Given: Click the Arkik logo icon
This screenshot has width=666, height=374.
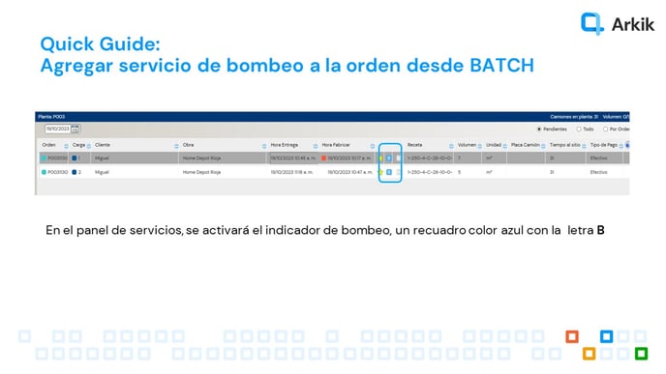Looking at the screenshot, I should pyautogui.click(x=591, y=23).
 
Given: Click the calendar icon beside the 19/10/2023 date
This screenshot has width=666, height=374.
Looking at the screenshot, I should pyautogui.click(x=76, y=129).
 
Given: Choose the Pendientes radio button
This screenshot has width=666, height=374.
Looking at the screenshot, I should pyautogui.click(x=539, y=129).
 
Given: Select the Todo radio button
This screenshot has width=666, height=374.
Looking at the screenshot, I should pyautogui.click(x=578, y=129).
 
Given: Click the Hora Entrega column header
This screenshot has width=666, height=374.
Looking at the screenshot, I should pyautogui.click(x=285, y=145).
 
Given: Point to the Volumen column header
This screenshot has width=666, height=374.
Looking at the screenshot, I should pyautogui.click(x=467, y=145).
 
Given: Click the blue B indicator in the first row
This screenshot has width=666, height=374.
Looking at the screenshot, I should pyautogui.click(x=389, y=158).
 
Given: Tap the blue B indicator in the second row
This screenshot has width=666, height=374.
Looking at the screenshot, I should pyautogui.click(x=389, y=172).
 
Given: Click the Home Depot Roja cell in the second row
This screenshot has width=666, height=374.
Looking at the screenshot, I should pyautogui.click(x=202, y=172).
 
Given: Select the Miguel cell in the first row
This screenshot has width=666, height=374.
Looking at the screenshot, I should pyautogui.click(x=102, y=158).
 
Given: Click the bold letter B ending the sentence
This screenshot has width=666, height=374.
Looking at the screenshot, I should pyautogui.click(x=600, y=231).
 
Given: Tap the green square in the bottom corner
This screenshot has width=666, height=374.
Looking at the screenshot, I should pyautogui.click(x=641, y=353).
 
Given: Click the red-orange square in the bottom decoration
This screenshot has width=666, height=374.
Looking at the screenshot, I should pyautogui.click(x=573, y=336).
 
